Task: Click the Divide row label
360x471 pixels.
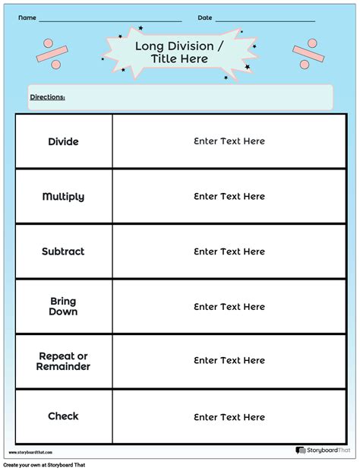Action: [63, 141]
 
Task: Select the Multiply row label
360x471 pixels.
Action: [63, 197]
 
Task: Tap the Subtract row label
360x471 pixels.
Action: [63, 251]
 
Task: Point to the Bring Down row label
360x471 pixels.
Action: [63, 306]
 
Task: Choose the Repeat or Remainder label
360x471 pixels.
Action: [63, 362]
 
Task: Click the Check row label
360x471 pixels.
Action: [63, 416]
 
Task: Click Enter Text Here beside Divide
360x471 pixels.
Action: [229, 141]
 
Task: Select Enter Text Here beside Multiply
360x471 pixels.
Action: [229, 197]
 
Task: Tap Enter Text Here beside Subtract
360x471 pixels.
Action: [229, 251]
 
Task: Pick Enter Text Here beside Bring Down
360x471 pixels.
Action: [229, 307]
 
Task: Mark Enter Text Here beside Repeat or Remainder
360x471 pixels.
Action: [229, 361]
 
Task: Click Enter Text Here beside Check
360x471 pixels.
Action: [229, 417]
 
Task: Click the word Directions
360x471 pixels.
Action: [47, 97]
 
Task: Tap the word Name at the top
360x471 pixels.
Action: [27, 17]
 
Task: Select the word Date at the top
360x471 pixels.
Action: [205, 17]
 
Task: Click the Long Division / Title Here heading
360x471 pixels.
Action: [179, 52]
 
